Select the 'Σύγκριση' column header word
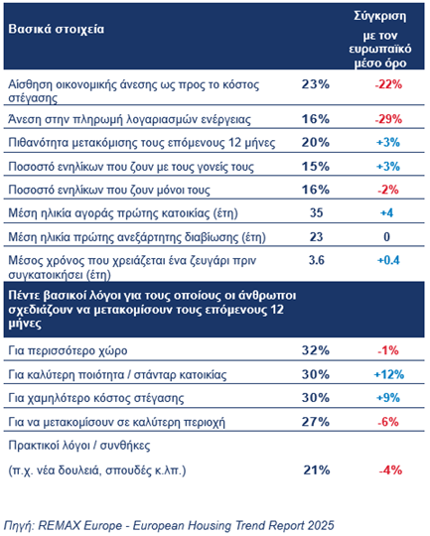(x=381, y=17)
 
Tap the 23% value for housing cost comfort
(x=315, y=84)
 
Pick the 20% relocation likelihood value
(x=315, y=142)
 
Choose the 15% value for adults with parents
(x=315, y=165)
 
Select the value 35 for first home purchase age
(x=315, y=212)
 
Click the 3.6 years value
(x=315, y=260)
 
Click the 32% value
(x=315, y=348)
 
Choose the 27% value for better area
(x=315, y=420)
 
